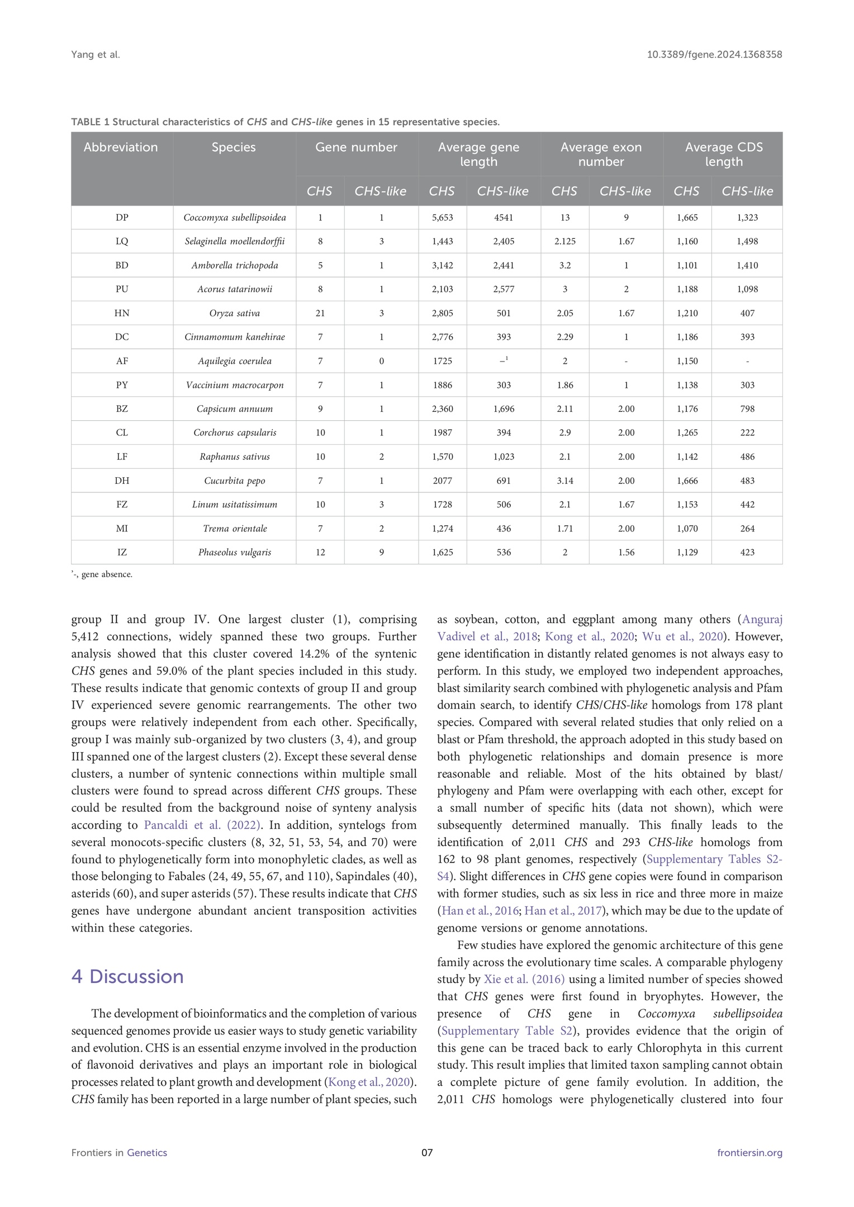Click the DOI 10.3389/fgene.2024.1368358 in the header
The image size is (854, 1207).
(714, 55)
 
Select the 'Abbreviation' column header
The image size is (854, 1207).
(121, 148)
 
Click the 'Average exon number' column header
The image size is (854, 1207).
(601, 154)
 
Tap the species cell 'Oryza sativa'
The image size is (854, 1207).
(234, 313)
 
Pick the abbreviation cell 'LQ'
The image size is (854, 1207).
(122, 241)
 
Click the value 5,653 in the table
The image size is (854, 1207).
(442, 218)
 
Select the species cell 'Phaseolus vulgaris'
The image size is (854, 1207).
(234, 553)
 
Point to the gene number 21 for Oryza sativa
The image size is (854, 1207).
(320, 313)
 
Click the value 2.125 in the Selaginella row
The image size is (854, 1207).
(564, 241)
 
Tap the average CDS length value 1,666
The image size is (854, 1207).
(687, 481)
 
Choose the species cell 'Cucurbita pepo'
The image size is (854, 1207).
(234, 481)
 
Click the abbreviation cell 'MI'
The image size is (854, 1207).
(122, 529)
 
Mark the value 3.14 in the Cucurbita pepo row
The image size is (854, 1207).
(564, 481)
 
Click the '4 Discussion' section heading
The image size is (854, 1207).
(127, 976)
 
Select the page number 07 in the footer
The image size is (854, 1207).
(427, 1153)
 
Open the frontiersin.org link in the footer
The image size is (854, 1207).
(749, 1153)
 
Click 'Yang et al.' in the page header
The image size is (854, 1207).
(96, 55)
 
